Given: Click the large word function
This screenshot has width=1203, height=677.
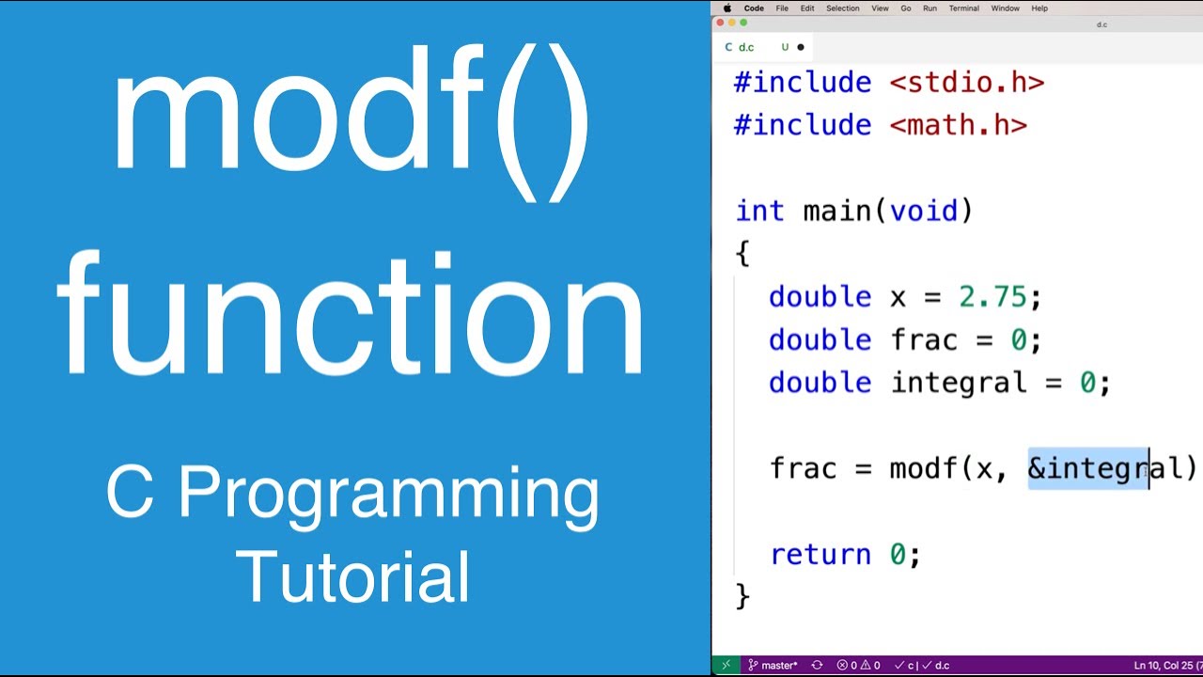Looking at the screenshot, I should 352,315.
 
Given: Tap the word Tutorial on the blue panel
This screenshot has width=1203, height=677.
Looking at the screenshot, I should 352,575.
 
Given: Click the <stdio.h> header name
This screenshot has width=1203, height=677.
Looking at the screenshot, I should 966,83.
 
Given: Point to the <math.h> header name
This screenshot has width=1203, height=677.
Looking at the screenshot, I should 958,125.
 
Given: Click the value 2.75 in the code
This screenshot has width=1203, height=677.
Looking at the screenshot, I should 992,297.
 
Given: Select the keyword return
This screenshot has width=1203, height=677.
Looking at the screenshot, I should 820,555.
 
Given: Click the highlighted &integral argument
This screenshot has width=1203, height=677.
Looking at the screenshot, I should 1088,468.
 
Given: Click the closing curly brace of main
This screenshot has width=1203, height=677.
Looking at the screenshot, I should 742,596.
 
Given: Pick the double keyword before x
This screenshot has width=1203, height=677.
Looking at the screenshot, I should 820,297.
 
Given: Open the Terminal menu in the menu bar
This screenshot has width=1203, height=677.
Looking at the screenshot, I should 963,8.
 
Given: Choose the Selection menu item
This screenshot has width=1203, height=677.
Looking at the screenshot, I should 842,8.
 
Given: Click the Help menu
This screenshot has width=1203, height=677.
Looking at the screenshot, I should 1039,8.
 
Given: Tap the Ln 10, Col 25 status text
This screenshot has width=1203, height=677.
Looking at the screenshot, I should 1165,666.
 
